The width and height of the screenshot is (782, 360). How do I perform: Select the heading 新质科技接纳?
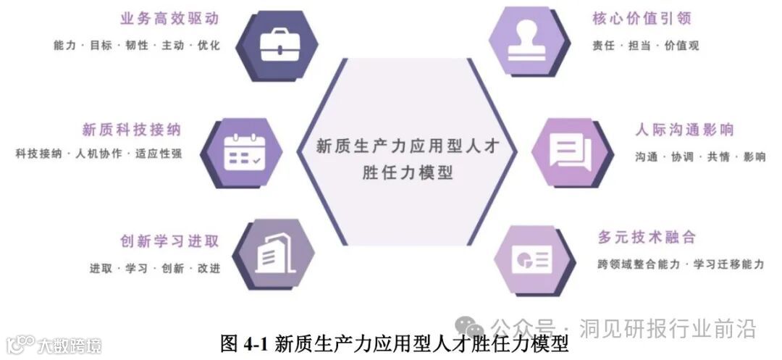click(131, 130)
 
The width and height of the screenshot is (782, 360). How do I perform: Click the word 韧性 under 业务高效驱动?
click(137, 46)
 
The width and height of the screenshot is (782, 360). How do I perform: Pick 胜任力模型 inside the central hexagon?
click(407, 174)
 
